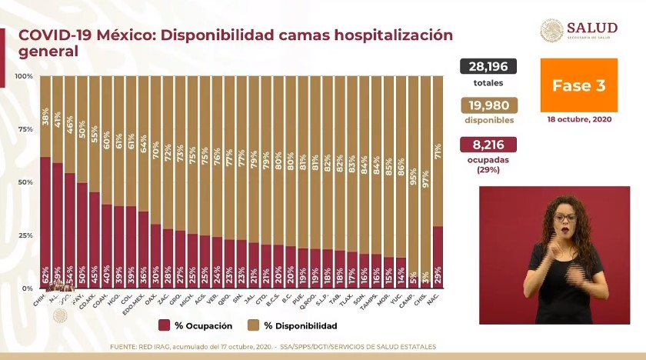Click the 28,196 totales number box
coord(488,67)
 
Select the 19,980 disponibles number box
coord(488,105)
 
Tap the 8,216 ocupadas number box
coord(488,145)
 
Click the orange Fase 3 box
coord(578,85)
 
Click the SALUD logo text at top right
coord(591,28)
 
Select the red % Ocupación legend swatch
coord(165,325)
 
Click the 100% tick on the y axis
coord(23,76)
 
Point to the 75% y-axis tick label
coord(25,129)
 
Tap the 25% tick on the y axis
coord(25,235)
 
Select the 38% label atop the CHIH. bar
coord(46,116)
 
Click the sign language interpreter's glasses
coord(564,218)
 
